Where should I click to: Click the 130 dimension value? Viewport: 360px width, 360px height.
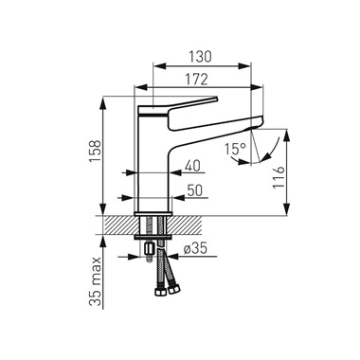200,56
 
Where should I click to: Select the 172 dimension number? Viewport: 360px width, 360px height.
197,80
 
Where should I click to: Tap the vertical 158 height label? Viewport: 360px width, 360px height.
95,152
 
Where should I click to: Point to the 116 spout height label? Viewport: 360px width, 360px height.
279,178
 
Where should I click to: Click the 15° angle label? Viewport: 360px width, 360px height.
235,148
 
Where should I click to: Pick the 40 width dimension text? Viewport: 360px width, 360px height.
192,166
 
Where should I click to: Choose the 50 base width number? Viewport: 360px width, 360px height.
194,190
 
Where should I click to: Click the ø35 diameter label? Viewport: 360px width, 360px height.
195,249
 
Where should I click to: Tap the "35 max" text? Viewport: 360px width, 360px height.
95,281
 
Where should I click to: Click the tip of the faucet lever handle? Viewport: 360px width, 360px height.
217,99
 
